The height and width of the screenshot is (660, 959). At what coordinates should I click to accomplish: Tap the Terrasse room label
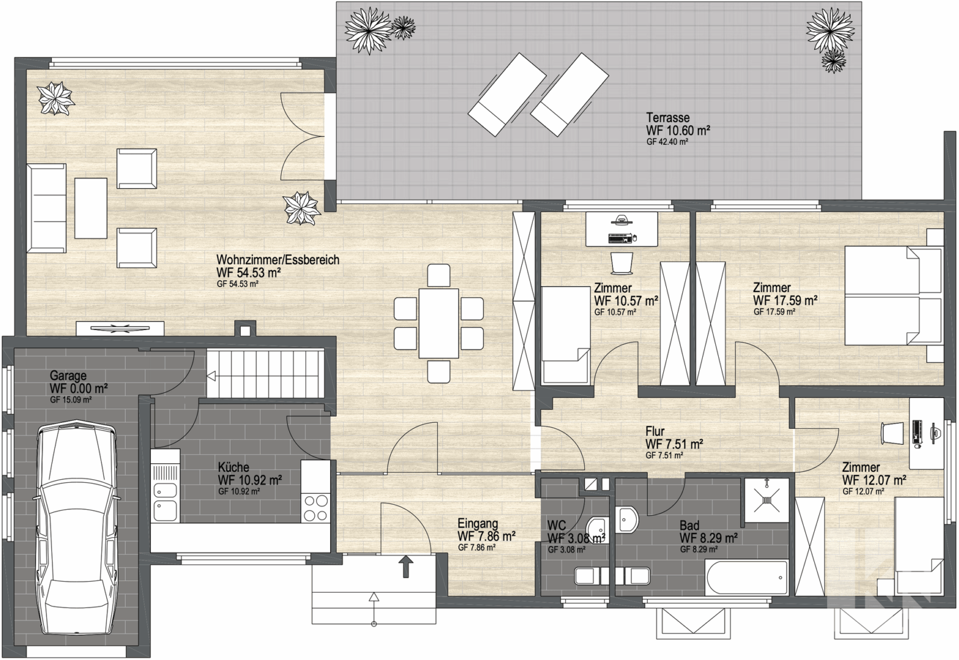[668, 117]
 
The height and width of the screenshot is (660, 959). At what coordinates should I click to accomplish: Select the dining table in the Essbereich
[439, 323]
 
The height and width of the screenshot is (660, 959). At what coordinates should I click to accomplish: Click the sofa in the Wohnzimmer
[46, 208]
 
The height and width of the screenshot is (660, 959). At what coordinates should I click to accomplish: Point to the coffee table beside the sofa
[90, 208]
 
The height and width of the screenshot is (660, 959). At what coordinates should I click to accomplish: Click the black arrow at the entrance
[406, 566]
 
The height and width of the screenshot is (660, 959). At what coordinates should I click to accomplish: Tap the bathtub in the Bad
[747, 578]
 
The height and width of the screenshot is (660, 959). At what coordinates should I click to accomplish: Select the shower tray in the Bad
[766, 499]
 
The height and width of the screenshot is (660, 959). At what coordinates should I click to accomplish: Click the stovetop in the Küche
[315, 508]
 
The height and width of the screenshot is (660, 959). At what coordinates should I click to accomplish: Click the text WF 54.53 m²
[249, 273]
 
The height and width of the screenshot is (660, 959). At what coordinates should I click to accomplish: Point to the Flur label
[655, 431]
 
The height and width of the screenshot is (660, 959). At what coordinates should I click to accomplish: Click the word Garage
[68, 376]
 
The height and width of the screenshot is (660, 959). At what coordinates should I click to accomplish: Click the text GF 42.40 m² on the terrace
[667, 142]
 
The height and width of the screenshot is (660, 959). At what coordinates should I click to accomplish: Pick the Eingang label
[478, 524]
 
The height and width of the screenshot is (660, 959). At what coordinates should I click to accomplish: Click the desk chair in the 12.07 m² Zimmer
[892, 433]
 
